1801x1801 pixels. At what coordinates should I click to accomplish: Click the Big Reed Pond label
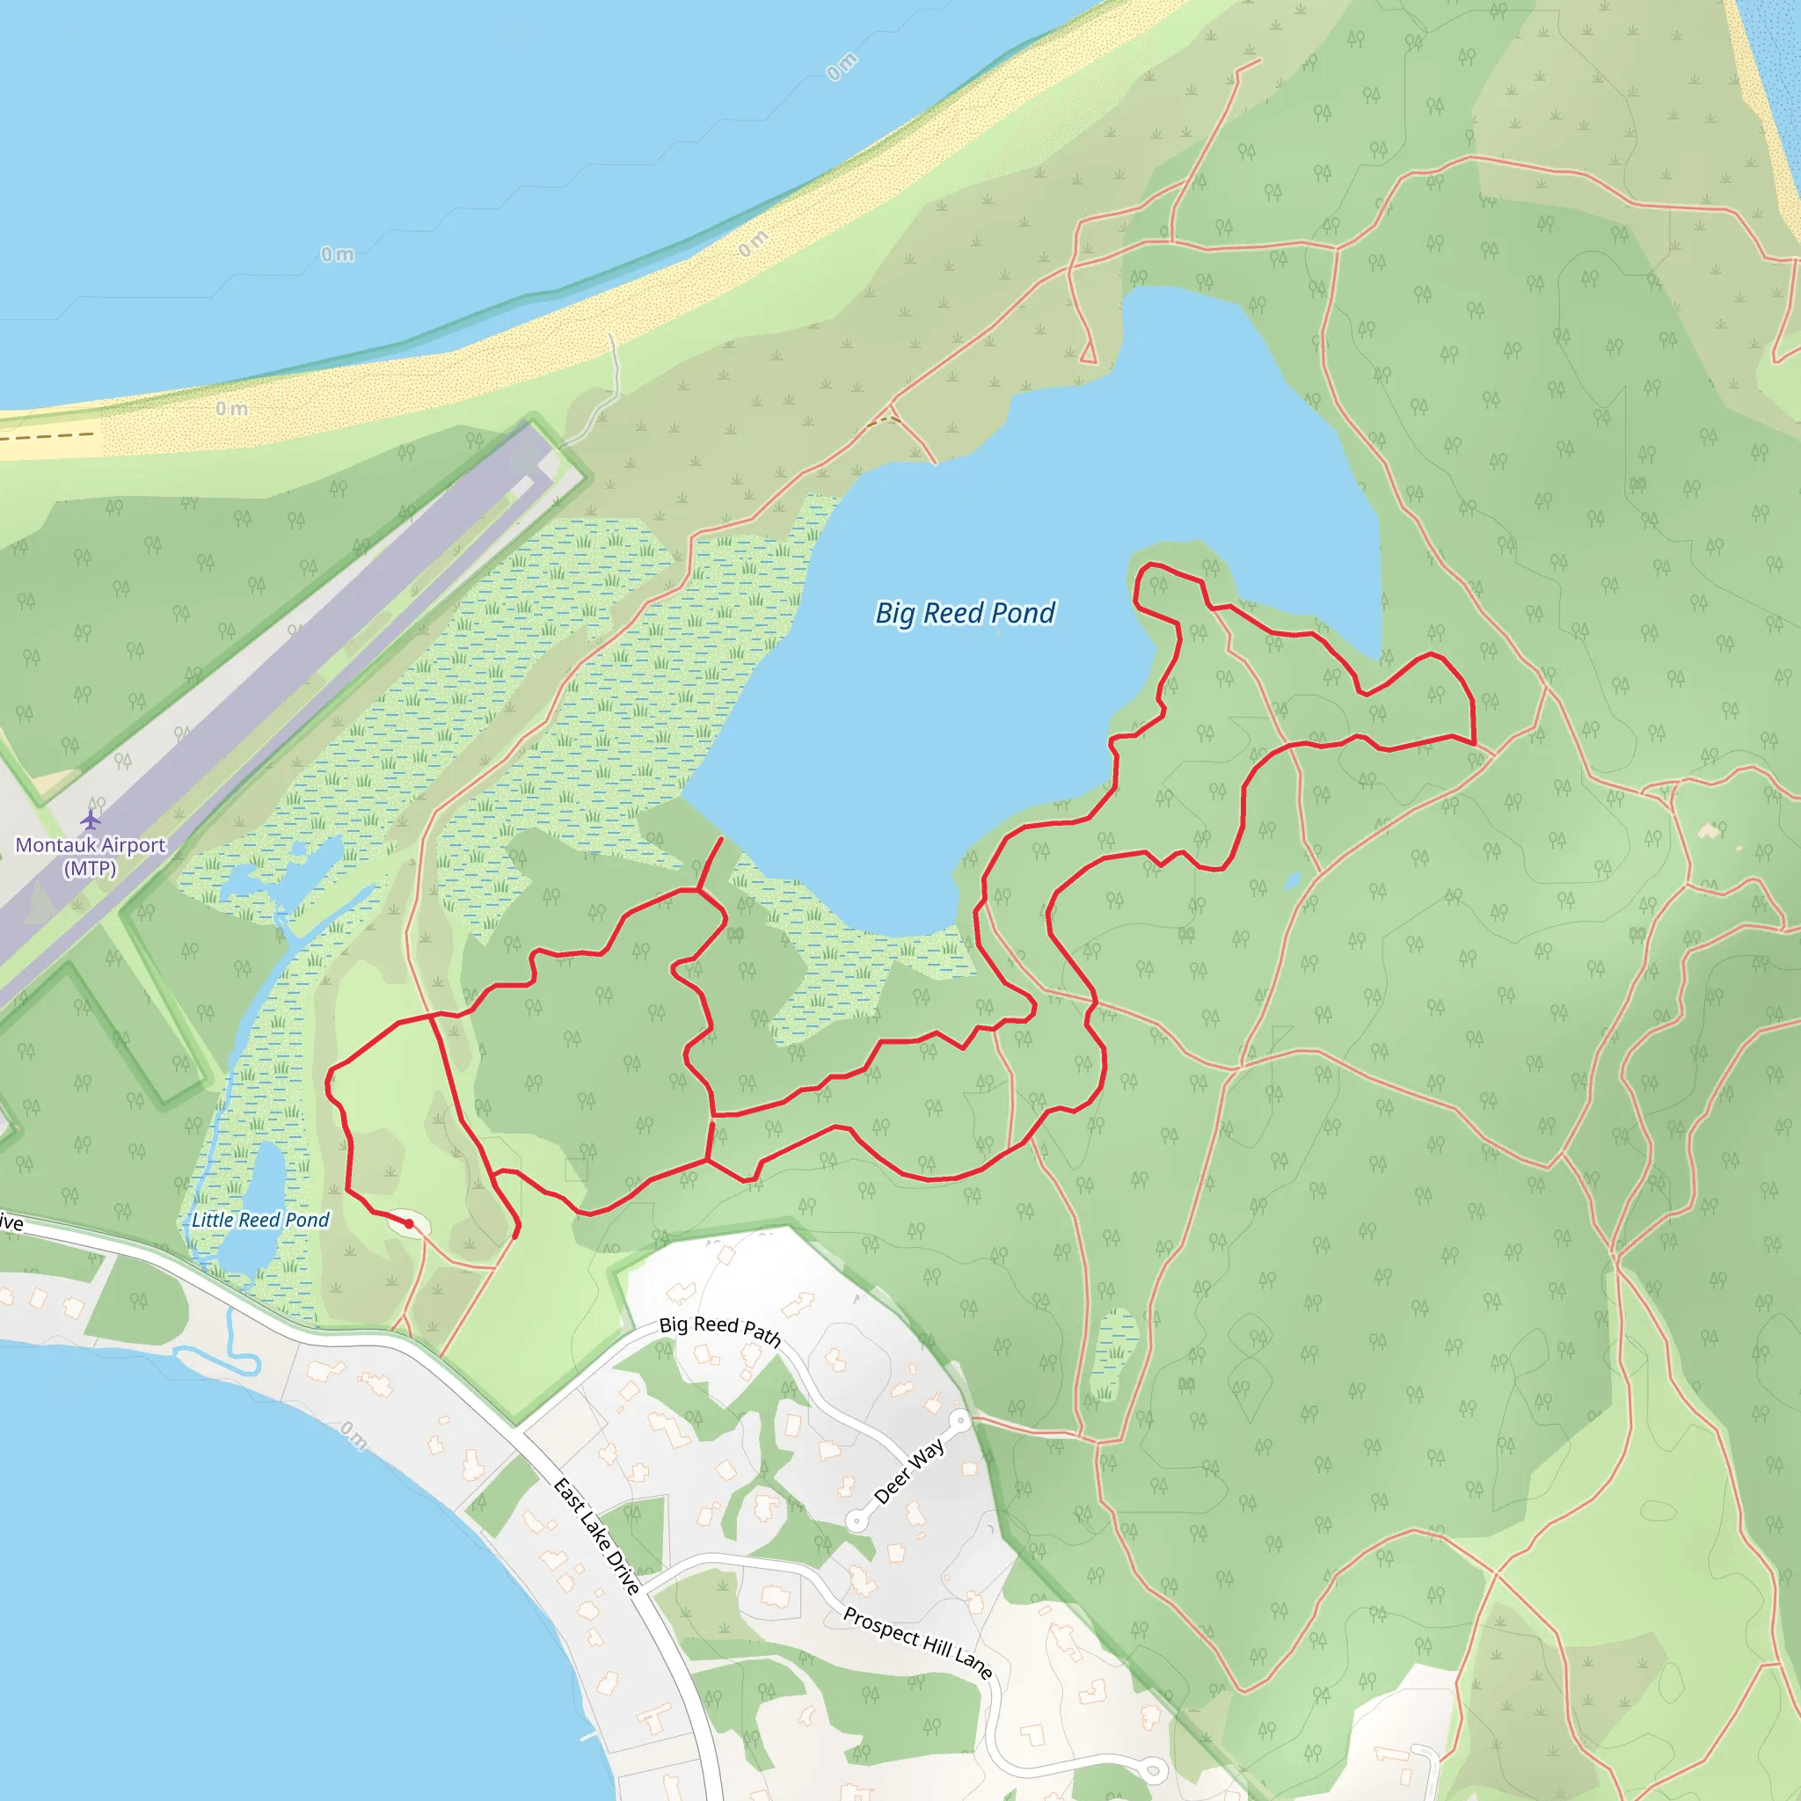tap(965, 614)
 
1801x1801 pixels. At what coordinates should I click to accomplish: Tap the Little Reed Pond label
tap(260, 1220)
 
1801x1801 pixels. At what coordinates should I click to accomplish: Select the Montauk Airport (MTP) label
tap(91, 856)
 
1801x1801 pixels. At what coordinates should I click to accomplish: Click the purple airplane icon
tap(91, 820)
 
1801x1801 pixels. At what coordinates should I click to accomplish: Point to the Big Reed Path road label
tap(719, 1330)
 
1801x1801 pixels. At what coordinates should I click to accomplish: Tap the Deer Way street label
tap(909, 1472)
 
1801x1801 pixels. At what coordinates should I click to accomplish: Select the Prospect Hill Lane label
tap(917, 1643)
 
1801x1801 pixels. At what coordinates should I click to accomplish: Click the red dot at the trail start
tap(408, 1223)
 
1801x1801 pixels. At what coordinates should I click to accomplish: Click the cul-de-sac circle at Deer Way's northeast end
tap(959, 1419)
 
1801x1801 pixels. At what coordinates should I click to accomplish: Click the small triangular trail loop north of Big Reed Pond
tap(1088, 354)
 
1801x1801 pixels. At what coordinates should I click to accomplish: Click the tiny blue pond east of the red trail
tap(1292, 880)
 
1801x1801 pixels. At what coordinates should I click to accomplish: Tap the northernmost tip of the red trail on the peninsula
tap(1151, 564)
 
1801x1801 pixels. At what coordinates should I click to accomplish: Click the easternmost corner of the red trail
tap(1475, 743)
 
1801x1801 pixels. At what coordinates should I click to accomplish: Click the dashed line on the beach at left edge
tap(47, 435)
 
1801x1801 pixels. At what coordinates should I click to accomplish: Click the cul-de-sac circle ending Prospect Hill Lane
tap(1154, 1769)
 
